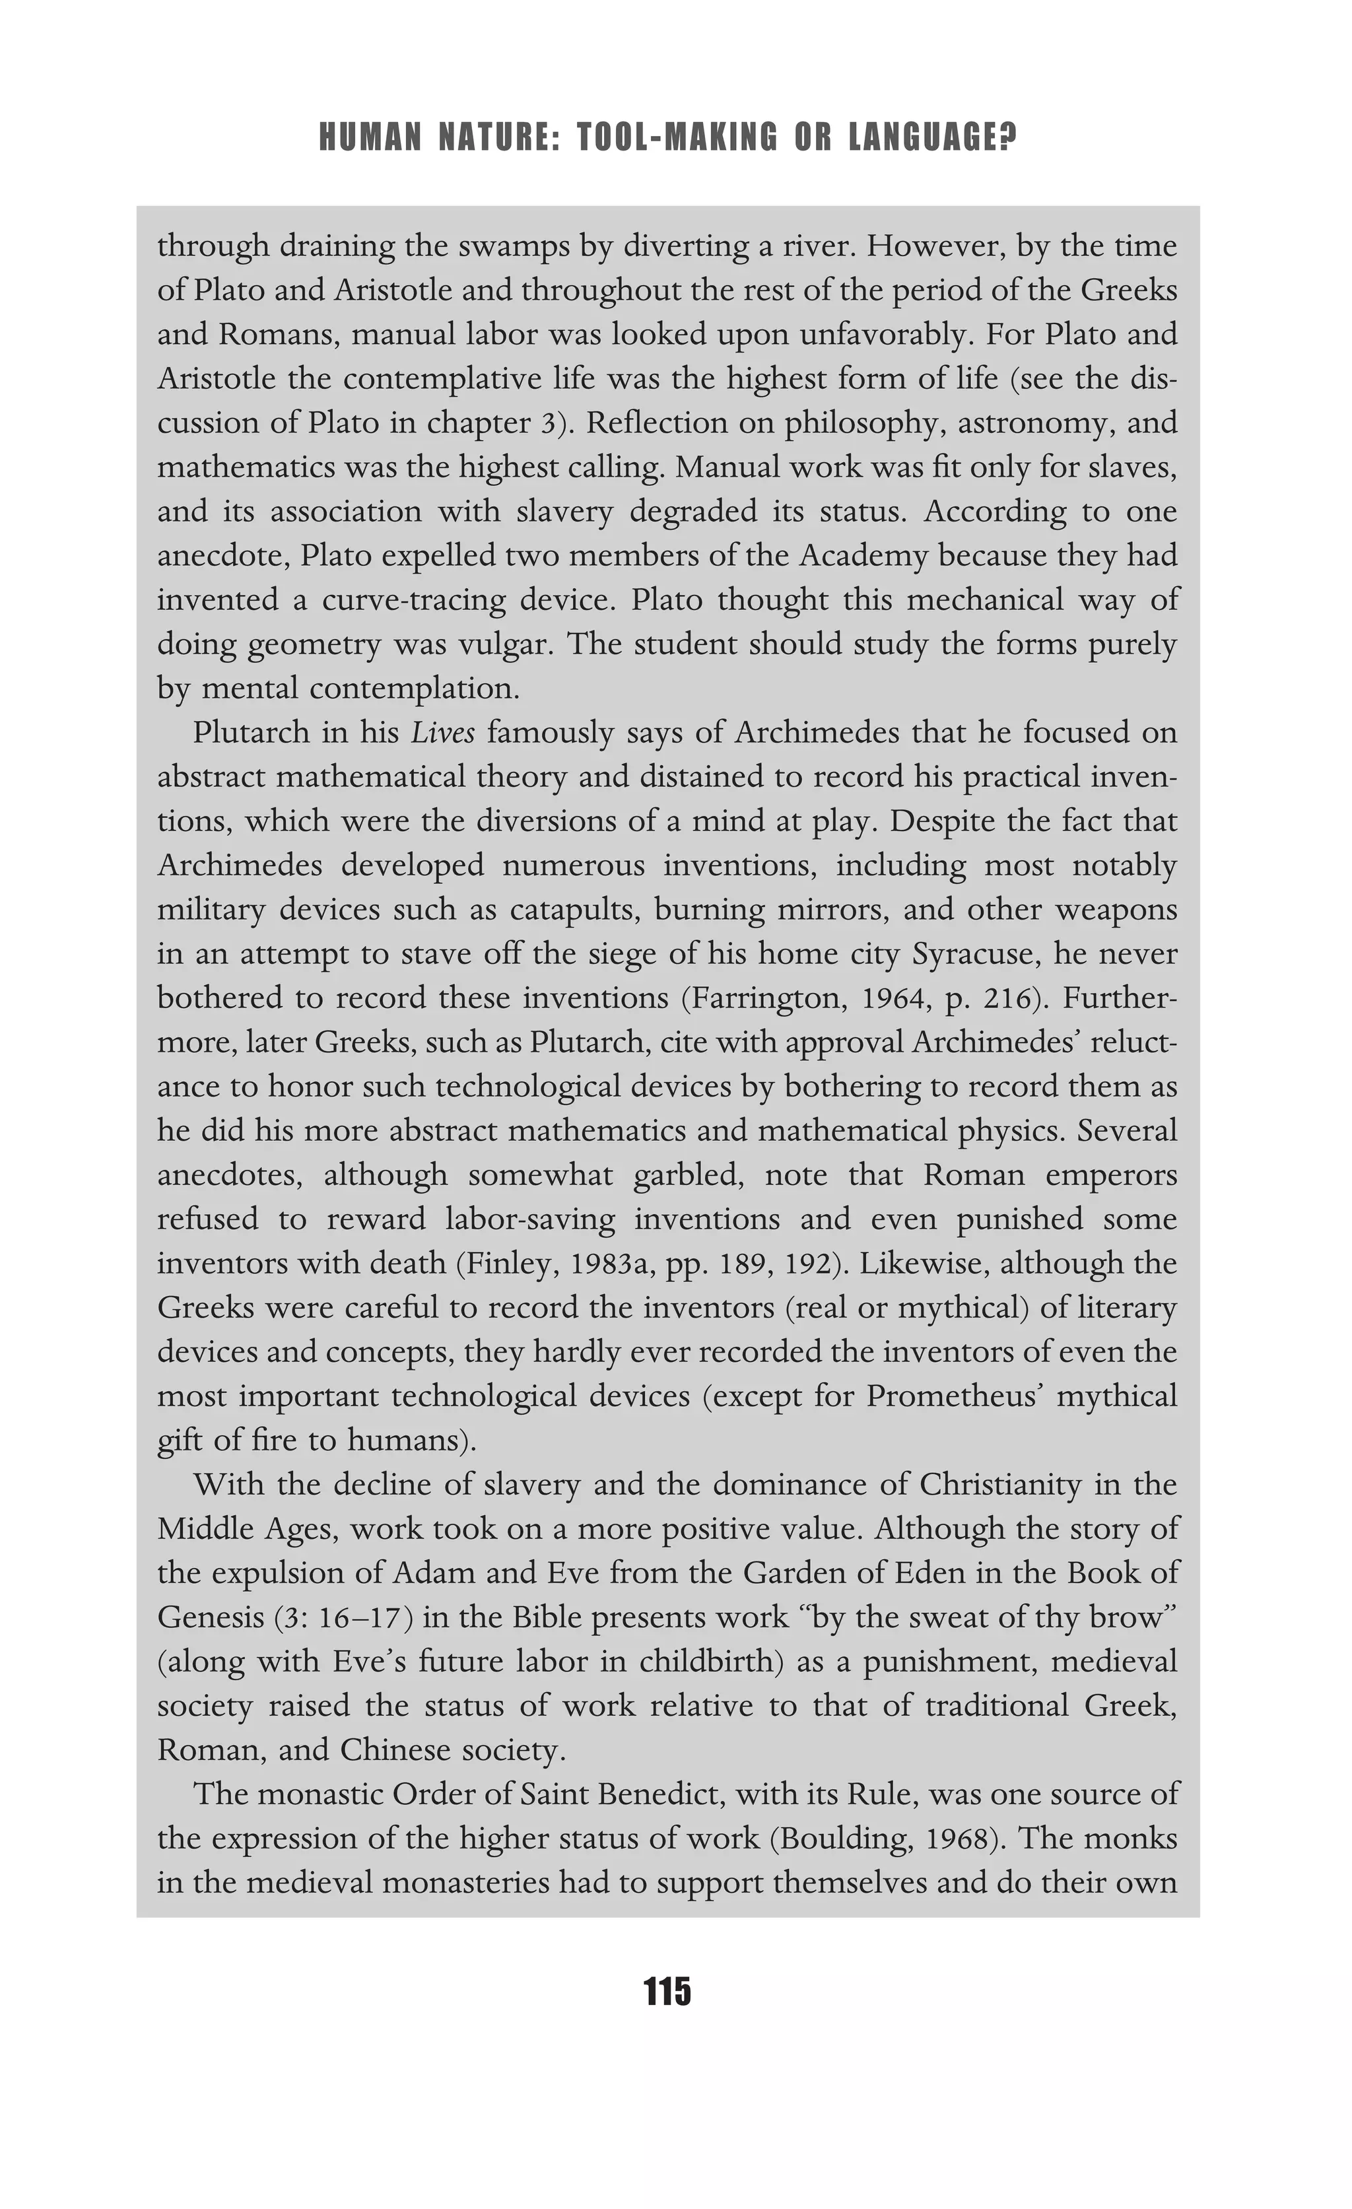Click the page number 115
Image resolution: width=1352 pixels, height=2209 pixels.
667,1991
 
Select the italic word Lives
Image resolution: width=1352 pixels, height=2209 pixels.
442,732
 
